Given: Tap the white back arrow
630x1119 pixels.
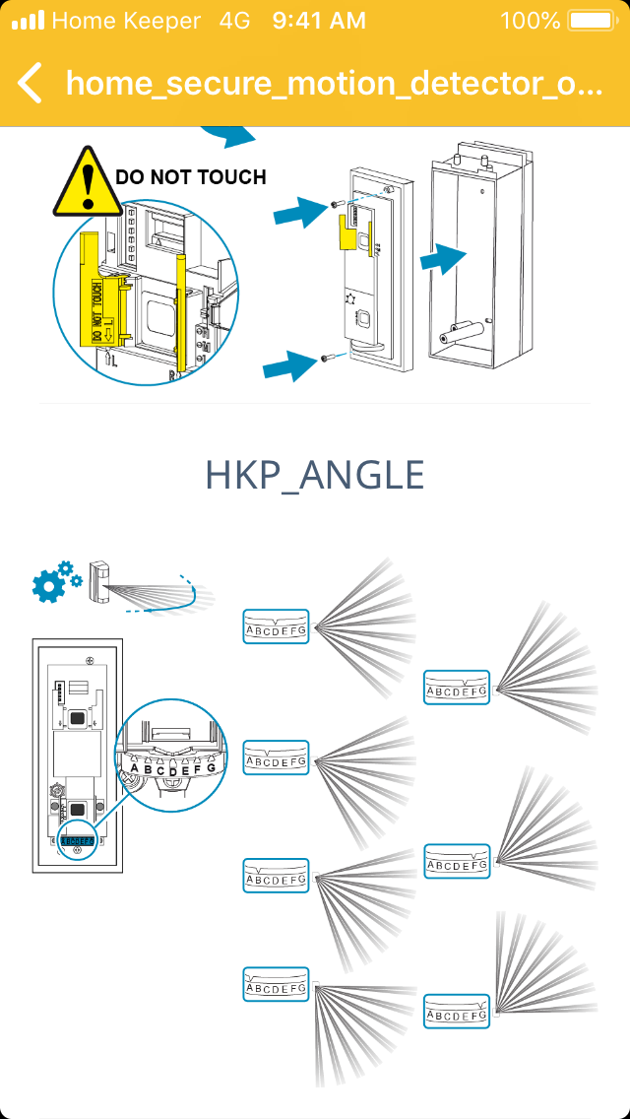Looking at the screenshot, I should point(31,83).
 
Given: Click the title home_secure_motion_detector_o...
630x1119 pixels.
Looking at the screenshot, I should point(334,83).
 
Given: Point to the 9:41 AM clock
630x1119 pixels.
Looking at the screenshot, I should point(318,20).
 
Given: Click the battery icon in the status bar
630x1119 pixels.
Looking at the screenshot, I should point(591,20).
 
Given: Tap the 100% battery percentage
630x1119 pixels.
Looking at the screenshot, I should point(530,20).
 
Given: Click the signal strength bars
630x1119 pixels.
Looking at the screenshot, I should point(28,20).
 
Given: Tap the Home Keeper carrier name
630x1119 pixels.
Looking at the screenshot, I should point(126,20).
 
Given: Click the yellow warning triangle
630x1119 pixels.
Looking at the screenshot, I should point(89,183).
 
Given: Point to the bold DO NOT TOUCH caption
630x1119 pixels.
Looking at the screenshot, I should point(191,177).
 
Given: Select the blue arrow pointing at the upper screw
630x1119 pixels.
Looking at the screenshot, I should point(299,211).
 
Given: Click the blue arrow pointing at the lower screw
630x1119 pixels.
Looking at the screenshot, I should point(287,367).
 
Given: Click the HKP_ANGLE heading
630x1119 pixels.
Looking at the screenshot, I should point(315,476).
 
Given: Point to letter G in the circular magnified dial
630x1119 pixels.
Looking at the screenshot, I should point(211,766).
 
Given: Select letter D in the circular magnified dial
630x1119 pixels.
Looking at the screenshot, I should point(173,771).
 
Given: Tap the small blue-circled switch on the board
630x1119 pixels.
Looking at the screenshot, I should point(77,841).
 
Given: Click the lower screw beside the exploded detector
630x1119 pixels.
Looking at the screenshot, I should point(324,361).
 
